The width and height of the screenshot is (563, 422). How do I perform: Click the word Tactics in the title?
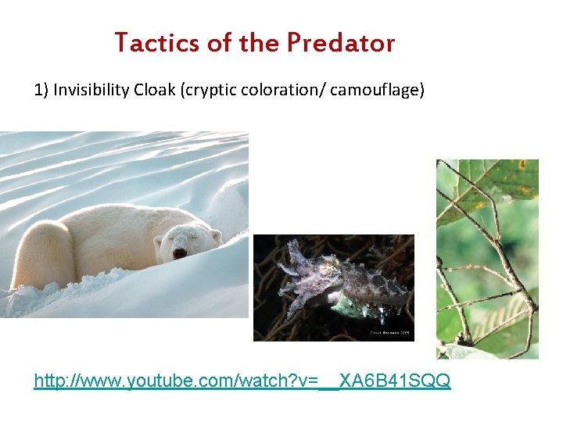(x=157, y=42)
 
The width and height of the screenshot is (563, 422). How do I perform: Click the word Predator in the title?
(x=341, y=42)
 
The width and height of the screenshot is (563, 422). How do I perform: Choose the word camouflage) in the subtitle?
(x=378, y=90)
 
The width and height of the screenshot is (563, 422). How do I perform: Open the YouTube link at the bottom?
(x=242, y=381)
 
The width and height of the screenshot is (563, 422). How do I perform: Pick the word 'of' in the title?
(x=219, y=42)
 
